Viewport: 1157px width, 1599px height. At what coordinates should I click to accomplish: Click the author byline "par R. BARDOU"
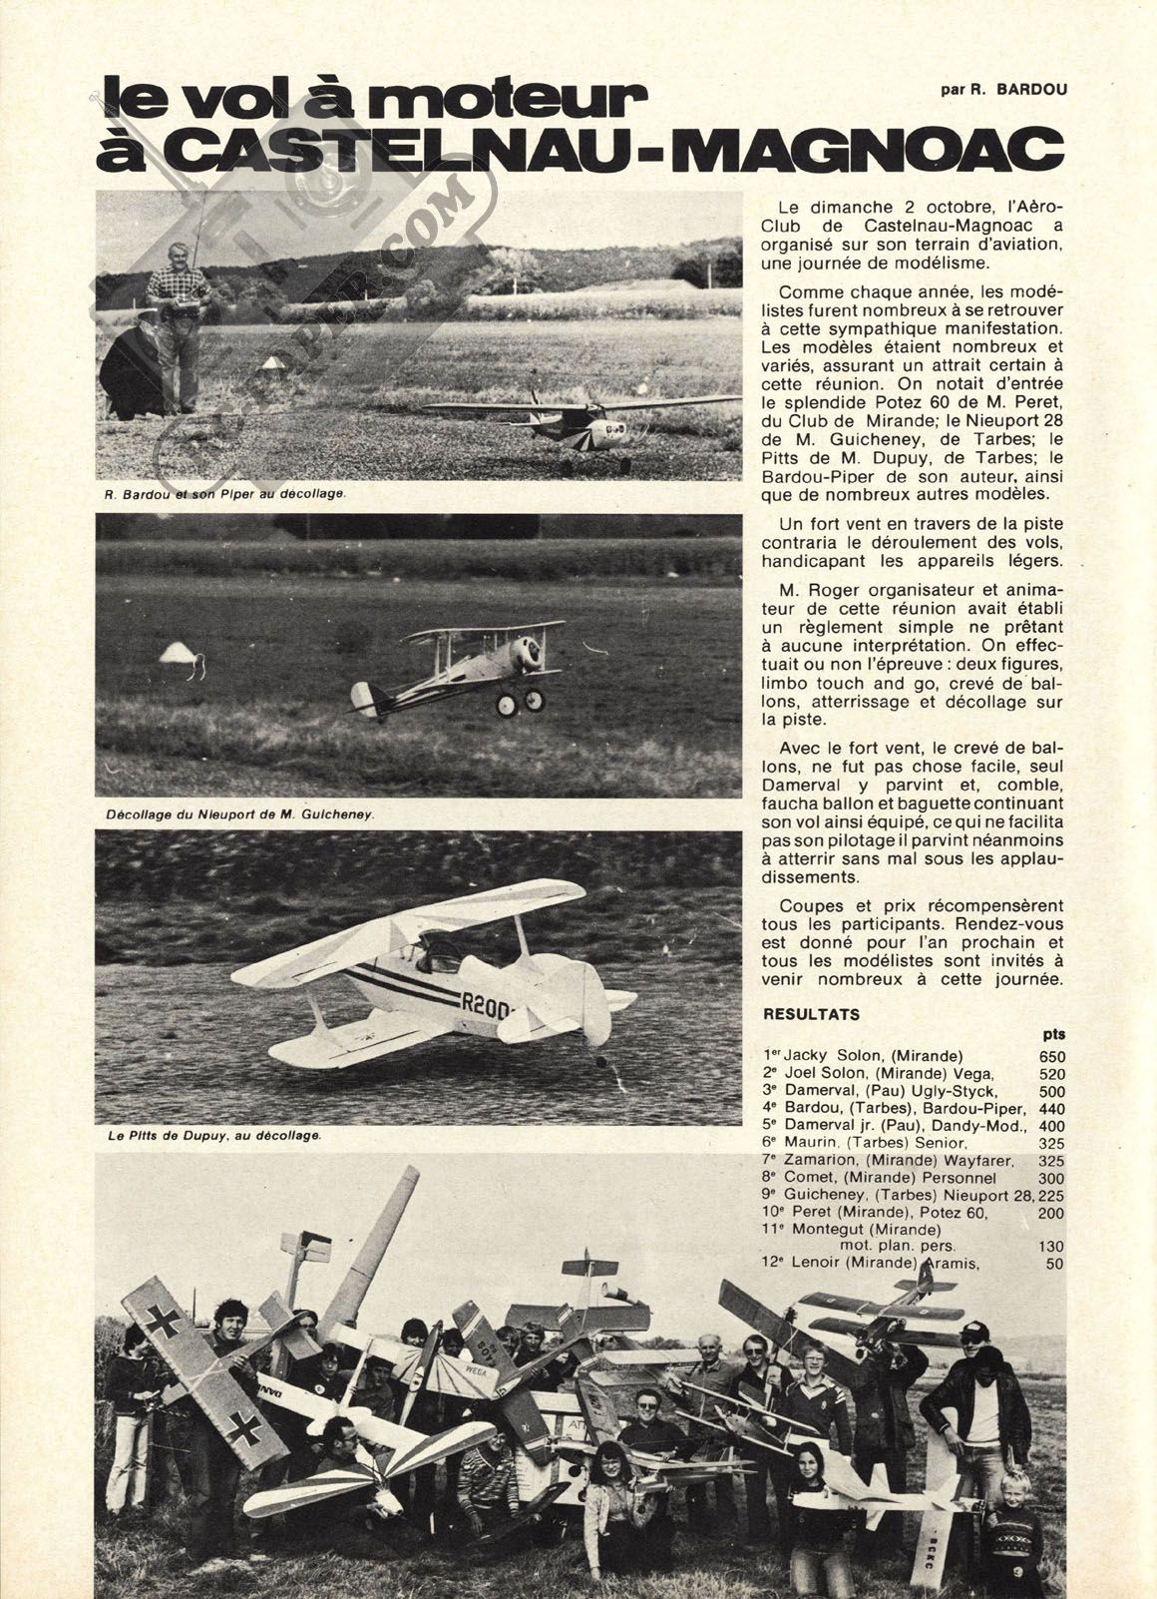pyautogui.click(x=1002, y=89)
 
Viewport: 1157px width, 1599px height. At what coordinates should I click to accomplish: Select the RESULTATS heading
pyautogui.click(x=811, y=1014)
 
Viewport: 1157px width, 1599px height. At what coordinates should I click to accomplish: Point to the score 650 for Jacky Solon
pyautogui.click(x=1051, y=1056)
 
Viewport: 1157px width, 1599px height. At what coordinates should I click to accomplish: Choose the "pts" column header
pyautogui.click(x=1052, y=1035)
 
